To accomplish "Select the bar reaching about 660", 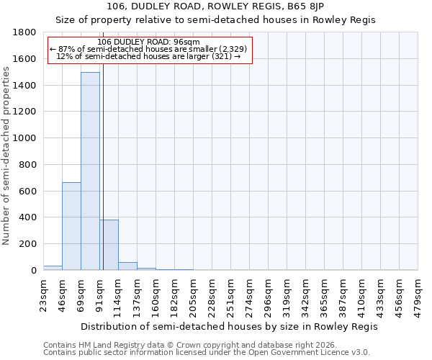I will coord(71,226).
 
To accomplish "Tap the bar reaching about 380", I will coord(109,245).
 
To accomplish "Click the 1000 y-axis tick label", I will coord(25,138).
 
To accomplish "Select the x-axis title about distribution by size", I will coord(229,326).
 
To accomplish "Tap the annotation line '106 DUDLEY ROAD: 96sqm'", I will coord(153,42).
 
